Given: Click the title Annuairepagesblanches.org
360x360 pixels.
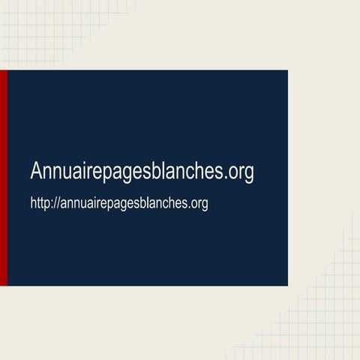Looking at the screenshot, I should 142,172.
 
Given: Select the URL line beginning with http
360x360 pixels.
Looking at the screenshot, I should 118,203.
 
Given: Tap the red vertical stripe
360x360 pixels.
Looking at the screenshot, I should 3,178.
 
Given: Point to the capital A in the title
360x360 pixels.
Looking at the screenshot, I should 37,171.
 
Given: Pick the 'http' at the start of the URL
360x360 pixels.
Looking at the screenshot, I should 40,203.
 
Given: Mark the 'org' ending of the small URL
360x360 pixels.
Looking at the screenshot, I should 199,204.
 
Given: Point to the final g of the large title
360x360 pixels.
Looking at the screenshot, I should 249,174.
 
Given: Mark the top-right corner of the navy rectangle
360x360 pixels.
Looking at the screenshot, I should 287,71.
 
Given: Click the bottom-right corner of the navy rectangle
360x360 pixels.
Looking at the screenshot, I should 287,285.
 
